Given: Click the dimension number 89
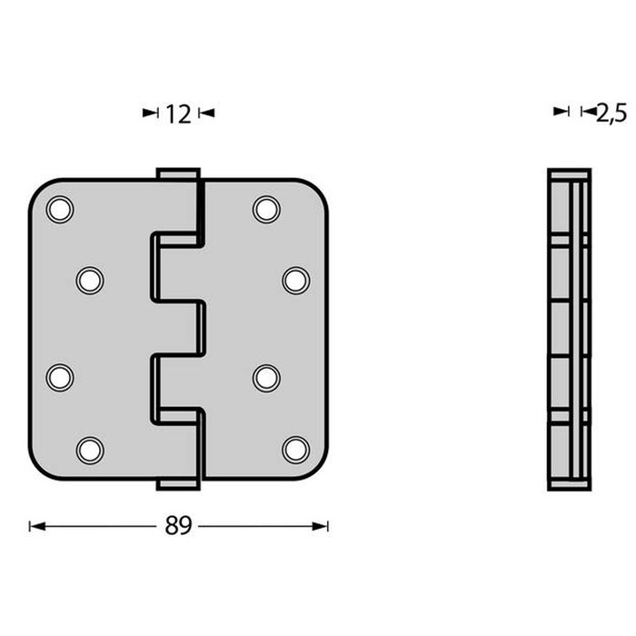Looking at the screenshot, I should pos(179,526).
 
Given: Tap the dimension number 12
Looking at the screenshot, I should pos(178,114).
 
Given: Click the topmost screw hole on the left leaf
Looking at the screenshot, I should pos(60,209).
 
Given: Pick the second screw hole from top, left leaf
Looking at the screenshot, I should pos(90,280).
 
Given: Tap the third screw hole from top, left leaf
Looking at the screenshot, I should pos(60,377).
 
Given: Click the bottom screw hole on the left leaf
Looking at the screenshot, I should pos(90,449).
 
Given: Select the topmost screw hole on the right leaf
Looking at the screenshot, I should pos(266,209).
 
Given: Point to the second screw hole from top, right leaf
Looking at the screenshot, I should pos(295,280).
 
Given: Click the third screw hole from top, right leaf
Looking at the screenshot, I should pos(266,377).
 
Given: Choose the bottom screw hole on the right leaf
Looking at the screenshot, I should pos(295,449).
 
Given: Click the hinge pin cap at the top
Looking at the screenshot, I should pos(177,173).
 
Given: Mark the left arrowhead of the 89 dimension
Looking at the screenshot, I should pos(35,526).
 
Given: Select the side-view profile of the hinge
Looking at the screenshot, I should pos(570,329).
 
